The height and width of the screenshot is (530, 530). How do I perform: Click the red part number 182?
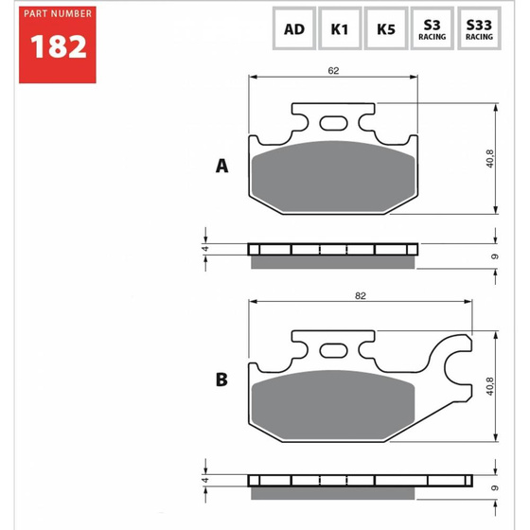coord(58,46)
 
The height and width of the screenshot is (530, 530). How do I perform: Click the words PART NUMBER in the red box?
coord(58,14)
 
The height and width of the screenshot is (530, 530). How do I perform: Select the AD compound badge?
coord(294,29)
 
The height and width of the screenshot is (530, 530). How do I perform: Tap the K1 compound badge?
coord(340,29)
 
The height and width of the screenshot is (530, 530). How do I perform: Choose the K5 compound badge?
coord(386,29)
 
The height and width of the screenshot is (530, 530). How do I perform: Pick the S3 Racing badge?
coord(432,29)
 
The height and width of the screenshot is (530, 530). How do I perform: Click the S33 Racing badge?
coord(479,29)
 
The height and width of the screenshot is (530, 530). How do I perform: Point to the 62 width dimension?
coord(333,71)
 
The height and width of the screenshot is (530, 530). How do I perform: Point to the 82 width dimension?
coord(361,296)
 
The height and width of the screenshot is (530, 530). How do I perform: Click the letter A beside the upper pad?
coord(221,166)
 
